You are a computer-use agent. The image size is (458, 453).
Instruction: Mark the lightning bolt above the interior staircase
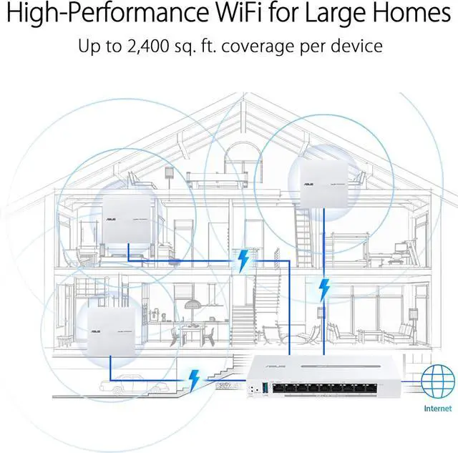(243, 260)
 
